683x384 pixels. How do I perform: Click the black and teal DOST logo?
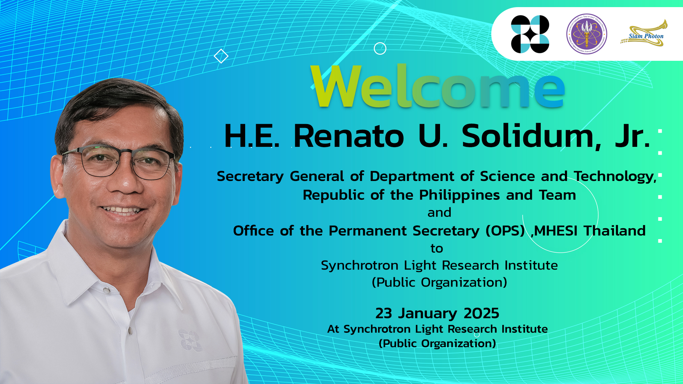(x=530, y=34)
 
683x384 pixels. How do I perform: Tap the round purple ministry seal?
(x=587, y=34)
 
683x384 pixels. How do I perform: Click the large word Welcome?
(x=438, y=86)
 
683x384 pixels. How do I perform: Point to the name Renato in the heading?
(x=349, y=136)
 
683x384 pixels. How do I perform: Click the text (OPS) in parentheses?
(x=505, y=231)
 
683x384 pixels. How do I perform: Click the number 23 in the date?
(x=383, y=314)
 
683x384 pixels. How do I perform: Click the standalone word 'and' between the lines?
(x=439, y=213)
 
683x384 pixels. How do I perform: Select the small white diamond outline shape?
(x=221, y=56)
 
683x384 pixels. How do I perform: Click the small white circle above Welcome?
(x=380, y=48)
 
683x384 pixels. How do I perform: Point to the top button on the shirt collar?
(x=106, y=291)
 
